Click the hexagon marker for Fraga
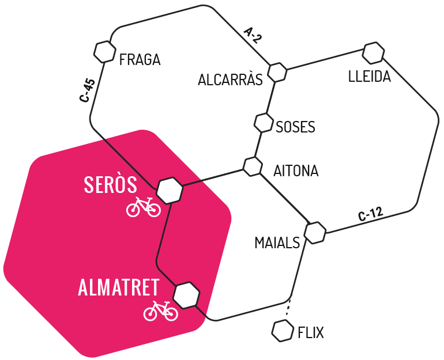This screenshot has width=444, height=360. pos(105,51)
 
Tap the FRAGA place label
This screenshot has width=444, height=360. pos(140,60)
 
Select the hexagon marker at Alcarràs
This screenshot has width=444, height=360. pos(277,72)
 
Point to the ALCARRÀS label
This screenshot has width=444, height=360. pos(230,79)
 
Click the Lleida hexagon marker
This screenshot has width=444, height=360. pos(374,53)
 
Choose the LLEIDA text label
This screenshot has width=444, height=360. pos(370,77)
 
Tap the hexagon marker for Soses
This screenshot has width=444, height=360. pos(264,123)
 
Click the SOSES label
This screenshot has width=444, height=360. pos(295,127)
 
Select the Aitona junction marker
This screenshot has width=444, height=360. pos(253,166)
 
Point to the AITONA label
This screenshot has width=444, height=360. pos(296,171)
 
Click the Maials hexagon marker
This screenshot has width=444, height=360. pos(315,233)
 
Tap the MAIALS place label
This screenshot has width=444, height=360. pos(277,243)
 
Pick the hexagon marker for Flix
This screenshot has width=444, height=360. pos(283,330)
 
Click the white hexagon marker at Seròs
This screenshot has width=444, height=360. pos(170,190)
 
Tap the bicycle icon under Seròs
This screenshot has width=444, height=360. pos(144,207)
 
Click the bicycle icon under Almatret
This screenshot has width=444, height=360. pos(161,311)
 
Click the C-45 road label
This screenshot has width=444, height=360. pos(88,90)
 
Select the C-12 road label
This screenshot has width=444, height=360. pos(370,214)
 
